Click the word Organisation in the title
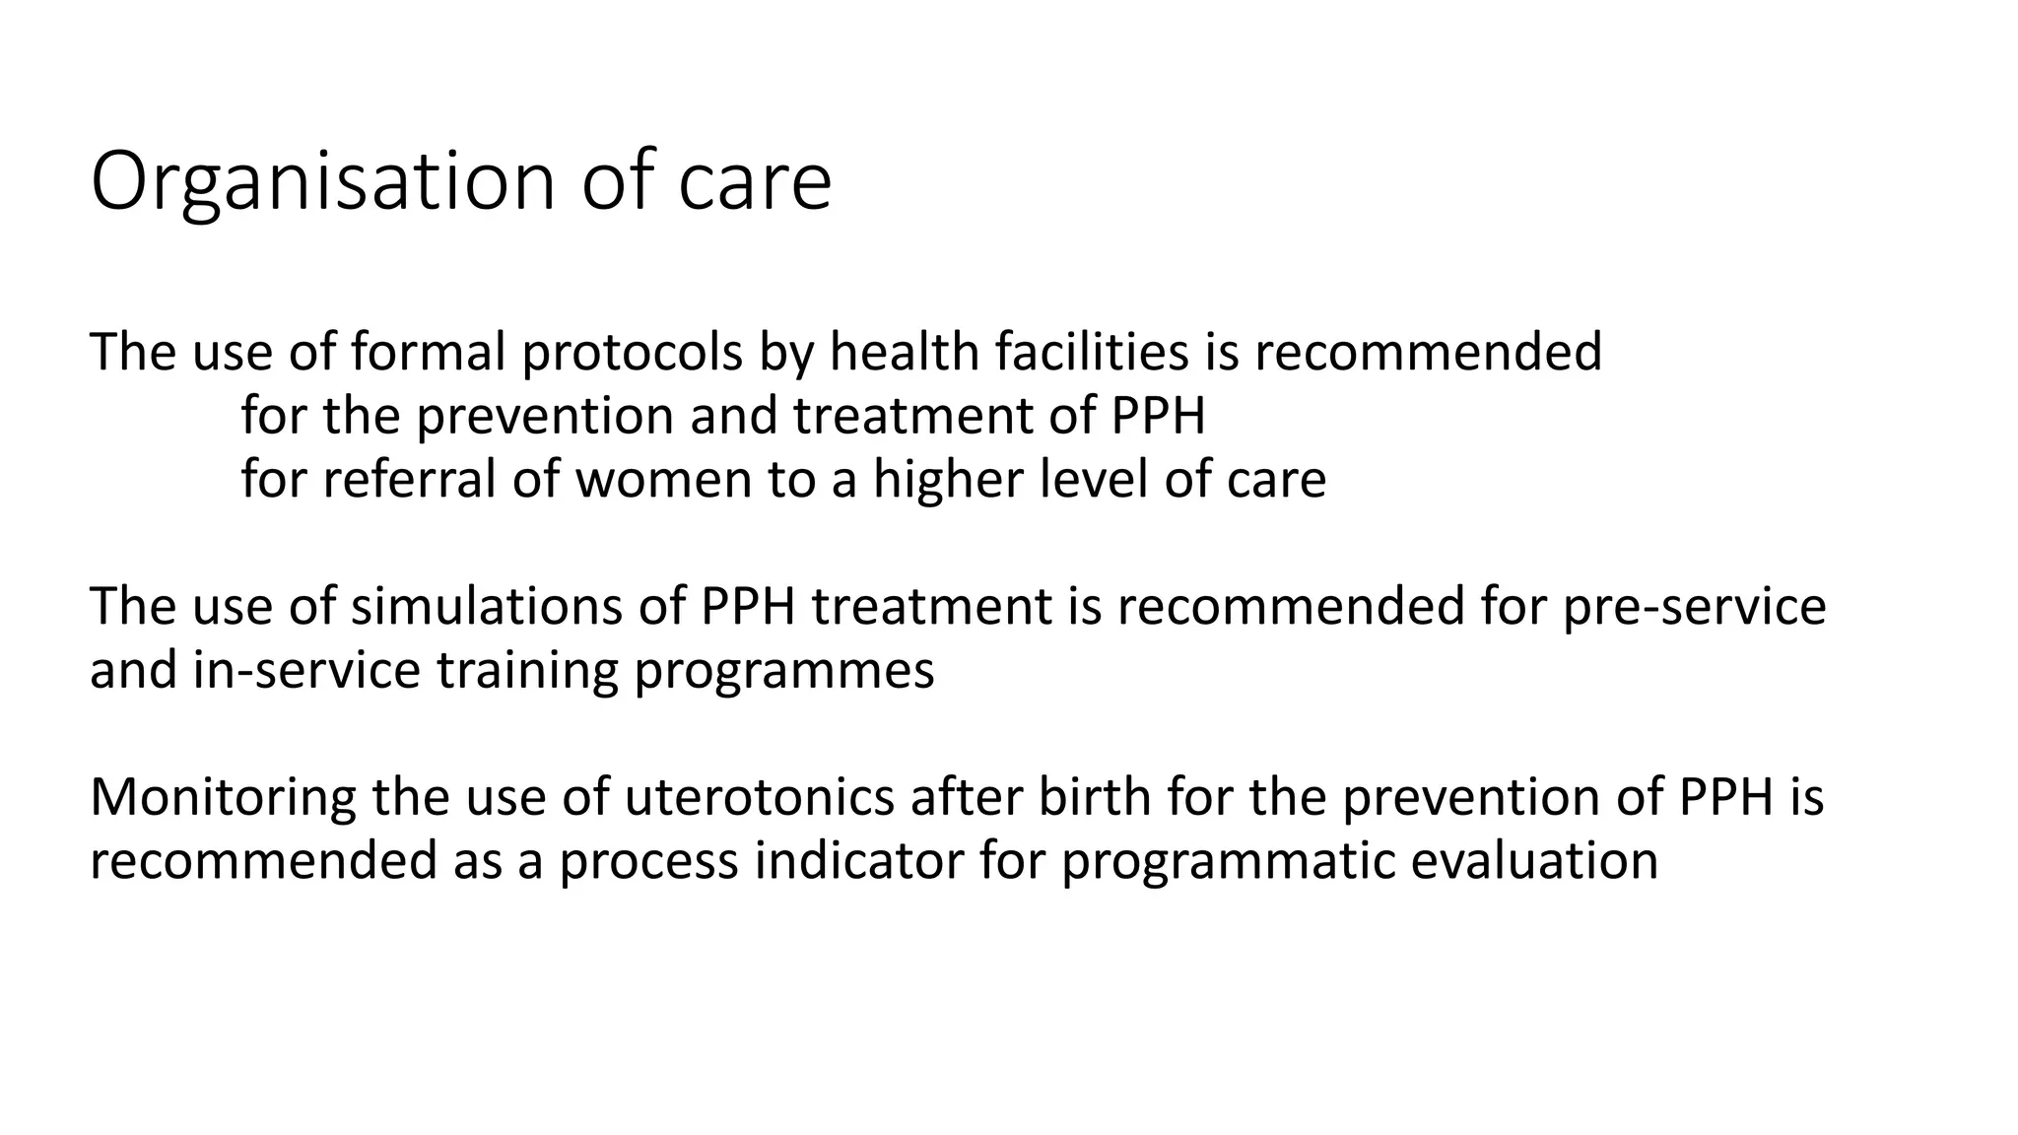(x=323, y=182)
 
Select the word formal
(x=429, y=352)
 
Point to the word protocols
(x=632, y=352)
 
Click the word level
(x=1095, y=480)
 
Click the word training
(x=527, y=670)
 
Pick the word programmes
(x=783, y=670)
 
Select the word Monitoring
(x=223, y=797)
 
